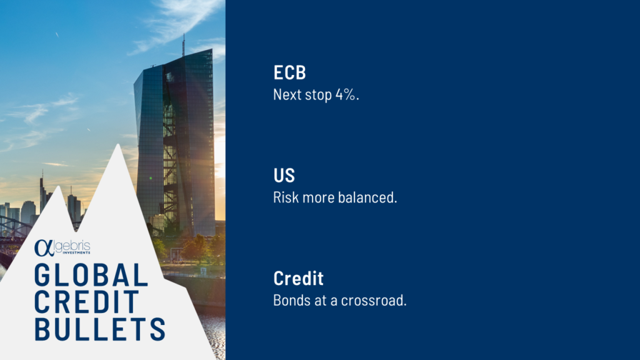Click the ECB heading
(289, 72)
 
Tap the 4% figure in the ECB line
(347, 95)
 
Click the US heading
(284, 176)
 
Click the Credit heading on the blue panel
(298, 278)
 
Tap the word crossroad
(374, 301)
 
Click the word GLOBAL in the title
(91, 275)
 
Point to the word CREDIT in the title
(87, 302)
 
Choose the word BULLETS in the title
(100, 329)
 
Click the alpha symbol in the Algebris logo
(44, 247)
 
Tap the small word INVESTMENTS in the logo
(76, 253)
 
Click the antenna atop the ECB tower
(183, 45)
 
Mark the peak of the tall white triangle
(118, 144)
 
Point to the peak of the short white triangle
(58, 186)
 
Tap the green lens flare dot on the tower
(151, 178)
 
